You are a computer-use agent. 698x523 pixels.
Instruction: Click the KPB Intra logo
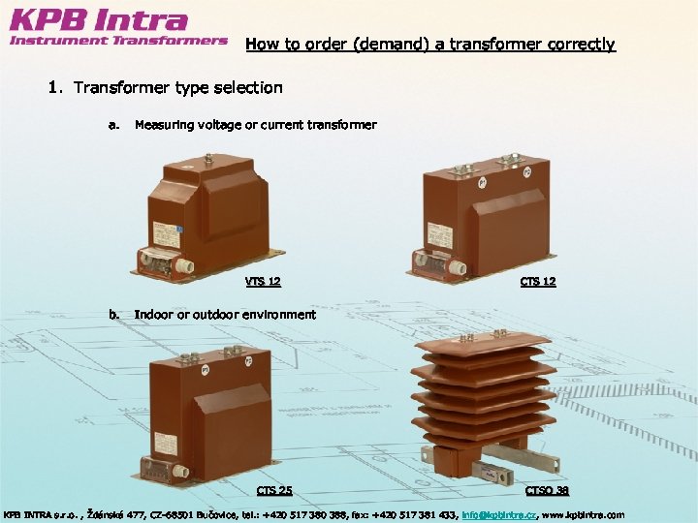(98, 20)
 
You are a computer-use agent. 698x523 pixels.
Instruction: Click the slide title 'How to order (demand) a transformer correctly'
(429, 44)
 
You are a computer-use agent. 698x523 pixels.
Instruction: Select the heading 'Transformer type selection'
(177, 88)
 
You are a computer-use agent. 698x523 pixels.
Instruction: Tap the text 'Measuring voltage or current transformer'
(255, 125)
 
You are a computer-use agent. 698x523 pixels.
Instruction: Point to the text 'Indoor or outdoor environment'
(225, 314)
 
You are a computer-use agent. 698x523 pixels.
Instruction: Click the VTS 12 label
(263, 282)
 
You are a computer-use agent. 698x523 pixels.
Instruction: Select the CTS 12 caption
(538, 282)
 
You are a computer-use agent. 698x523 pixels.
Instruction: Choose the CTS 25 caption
(274, 490)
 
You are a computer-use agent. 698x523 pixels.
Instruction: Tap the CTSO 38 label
(548, 490)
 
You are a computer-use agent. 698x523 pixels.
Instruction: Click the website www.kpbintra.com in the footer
(587, 514)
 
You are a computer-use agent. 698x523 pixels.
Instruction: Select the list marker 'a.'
(114, 125)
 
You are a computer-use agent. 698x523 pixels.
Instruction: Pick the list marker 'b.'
(114, 314)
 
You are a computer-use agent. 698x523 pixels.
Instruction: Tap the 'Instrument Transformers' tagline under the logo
(118, 41)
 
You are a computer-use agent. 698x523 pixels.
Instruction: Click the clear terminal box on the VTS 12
(162, 261)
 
